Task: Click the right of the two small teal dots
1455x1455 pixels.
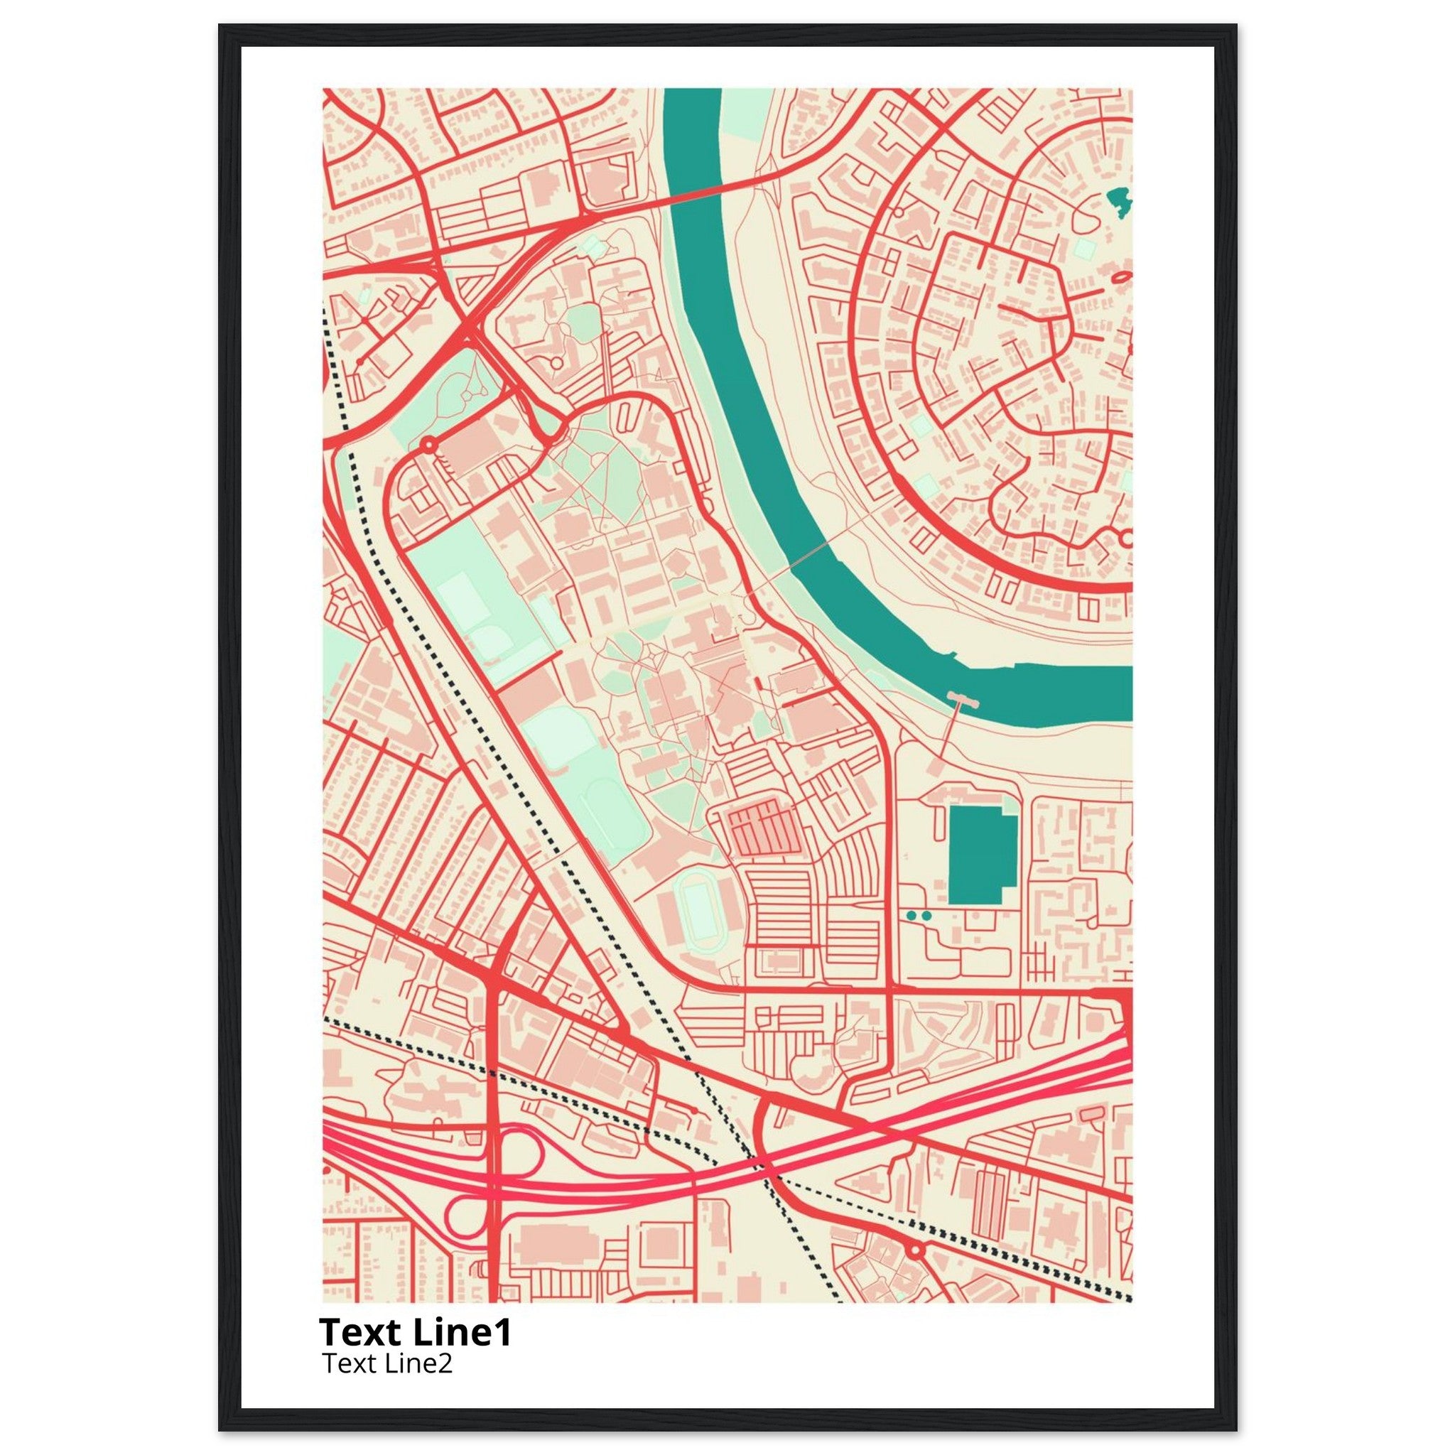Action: [926, 915]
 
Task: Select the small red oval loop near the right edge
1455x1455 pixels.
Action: [1120, 278]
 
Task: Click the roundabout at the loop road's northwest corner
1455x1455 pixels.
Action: [428, 444]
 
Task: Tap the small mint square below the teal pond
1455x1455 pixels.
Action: [1084, 249]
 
